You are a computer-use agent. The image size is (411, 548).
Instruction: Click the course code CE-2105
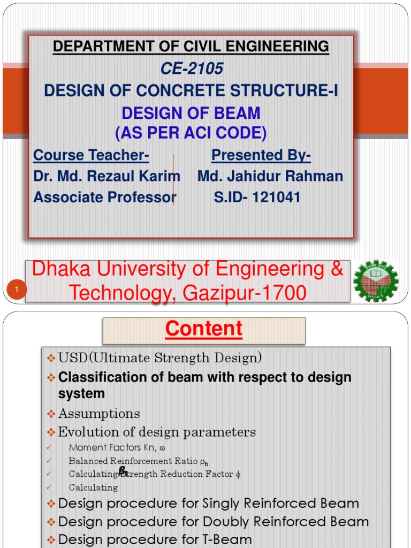click(x=192, y=69)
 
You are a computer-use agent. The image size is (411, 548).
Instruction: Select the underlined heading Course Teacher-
click(x=91, y=155)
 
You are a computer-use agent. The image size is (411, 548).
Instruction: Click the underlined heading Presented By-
click(x=261, y=155)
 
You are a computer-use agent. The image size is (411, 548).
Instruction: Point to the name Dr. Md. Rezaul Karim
click(x=106, y=176)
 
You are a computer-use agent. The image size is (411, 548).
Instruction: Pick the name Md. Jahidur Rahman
click(x=270, y=176)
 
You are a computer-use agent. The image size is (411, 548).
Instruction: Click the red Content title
click(x=204, y=329)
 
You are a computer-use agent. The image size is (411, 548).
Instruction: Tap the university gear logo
click(x=376, y=281)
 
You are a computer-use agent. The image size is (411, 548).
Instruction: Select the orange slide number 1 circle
click(x=17, y=290)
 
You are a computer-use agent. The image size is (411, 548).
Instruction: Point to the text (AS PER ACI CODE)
click(x=191, y=132)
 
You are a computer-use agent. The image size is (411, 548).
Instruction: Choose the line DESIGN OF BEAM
click(x=191, y=113)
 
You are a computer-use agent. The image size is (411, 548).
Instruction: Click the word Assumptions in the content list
click(x=99, y=414)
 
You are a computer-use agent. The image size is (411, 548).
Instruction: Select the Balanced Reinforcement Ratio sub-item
click(x=138, y=461)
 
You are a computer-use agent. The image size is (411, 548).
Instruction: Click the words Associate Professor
click(x=104, y=197)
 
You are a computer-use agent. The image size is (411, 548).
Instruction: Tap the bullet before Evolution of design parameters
click(x=51, y=432)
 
